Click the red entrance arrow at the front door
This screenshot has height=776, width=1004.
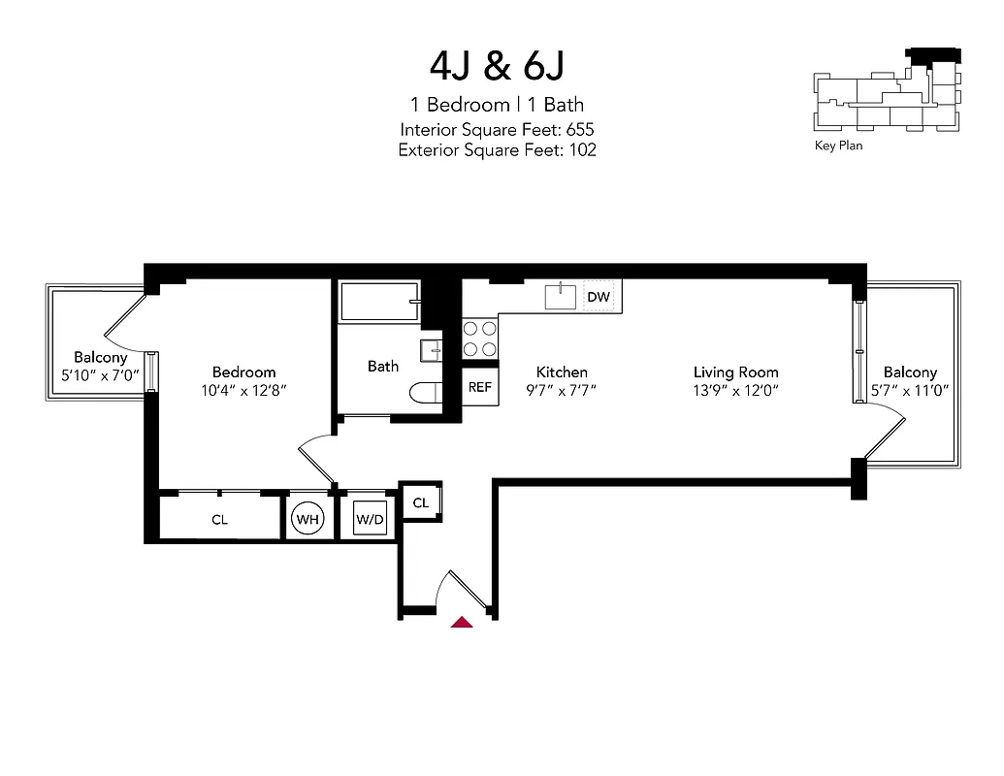(x=463, y=623)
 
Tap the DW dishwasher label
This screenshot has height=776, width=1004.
(x=599, y=297)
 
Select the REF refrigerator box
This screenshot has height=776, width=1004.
(x=479, y=387)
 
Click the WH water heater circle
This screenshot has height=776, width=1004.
(x=308, y=520)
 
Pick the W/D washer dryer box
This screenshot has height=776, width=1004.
(x=370, y=520)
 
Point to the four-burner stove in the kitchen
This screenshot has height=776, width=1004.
(x=479, y=339)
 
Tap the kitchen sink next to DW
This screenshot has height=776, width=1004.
(x=561, y=296)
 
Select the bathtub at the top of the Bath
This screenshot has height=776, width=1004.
(x=379, y=302)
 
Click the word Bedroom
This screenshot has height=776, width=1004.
(x=243, y=372)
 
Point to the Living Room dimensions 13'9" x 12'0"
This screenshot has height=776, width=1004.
(x=735, y=390)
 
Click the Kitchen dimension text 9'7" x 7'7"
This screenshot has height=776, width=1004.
(x=562, y=390)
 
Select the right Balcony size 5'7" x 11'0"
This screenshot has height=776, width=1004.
(x=910, y=390)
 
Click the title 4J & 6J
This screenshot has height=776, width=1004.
(x=497, y=65)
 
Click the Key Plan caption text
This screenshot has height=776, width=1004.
(x=838, y=146)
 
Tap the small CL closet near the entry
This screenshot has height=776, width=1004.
(x=420, y=502)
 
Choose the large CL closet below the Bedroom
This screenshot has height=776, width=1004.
(x=220, y=520)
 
